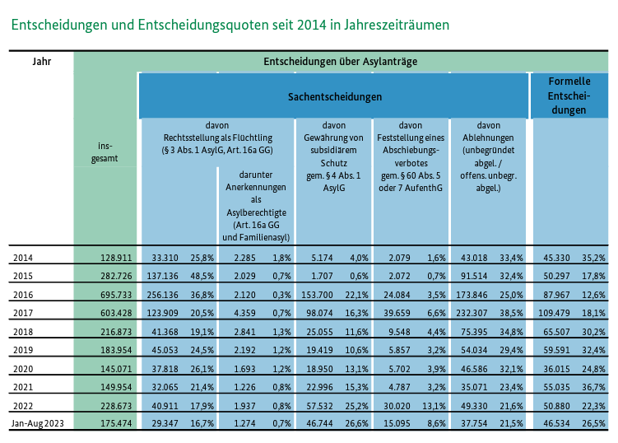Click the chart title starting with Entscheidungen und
pyautogui.click(x=230, y=25)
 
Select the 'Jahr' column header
pyautogui.click(x=41, y=61)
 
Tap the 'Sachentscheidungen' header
pyautogui.click(x=334, y=96)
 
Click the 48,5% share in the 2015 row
pyautogui.click(x=202, y=276)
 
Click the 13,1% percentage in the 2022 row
pyautogui.click(x=434, y=405)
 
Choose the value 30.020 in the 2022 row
pyautogui.click(x=393, y=405)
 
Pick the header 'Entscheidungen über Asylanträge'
pyautogui.click(x=341, y=61)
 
